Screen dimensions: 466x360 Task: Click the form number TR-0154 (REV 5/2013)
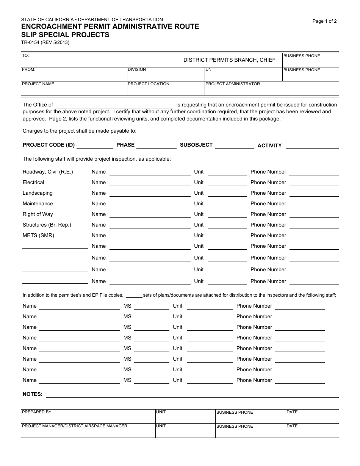point(45,42)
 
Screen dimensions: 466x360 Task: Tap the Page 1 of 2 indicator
point(324,21)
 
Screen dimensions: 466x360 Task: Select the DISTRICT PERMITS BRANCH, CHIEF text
point(229,60)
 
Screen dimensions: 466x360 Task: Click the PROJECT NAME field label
point(38,84)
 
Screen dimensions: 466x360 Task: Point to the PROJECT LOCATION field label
point(149,84)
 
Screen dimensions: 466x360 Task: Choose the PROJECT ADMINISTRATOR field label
point(233,84)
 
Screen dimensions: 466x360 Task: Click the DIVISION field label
point(137,70)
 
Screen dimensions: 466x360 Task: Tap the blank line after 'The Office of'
point(115,105)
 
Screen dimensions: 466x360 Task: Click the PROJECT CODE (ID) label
point(49,145)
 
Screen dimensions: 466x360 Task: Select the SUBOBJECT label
point(196,145)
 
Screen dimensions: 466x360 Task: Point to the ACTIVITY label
point(269,145)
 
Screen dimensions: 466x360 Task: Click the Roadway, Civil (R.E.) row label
point(48,172)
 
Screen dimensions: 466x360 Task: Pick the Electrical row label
point(33,182)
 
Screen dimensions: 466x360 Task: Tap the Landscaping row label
point(38,193)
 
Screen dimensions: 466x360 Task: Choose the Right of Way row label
point(38,214)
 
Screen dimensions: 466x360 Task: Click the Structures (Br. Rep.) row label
point(47,225)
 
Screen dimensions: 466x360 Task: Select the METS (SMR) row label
point(38,235)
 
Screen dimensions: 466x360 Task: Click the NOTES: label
point(33,394)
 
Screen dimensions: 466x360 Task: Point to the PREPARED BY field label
point(36,412)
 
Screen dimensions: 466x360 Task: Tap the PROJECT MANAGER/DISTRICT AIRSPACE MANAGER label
point(75,426)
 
